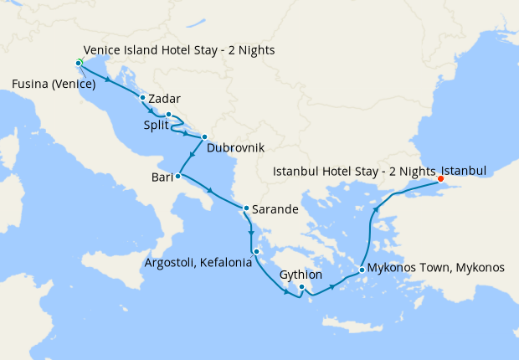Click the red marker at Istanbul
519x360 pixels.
[441, 177]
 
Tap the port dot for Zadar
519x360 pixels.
[143, 98]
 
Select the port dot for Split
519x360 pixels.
[168, 115]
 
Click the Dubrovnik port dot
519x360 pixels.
[203, 137]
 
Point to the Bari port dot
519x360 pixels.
[177, 176]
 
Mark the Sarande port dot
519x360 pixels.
[245, 208]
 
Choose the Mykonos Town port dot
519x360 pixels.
[361, 270]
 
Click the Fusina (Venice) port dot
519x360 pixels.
[78, 64]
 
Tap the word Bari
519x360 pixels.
[162, 177]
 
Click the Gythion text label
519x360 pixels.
[301, 274]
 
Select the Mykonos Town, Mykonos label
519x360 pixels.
[437, 268]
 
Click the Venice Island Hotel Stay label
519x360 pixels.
[179, 50]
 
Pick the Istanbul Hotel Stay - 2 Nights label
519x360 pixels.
[355, 172]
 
